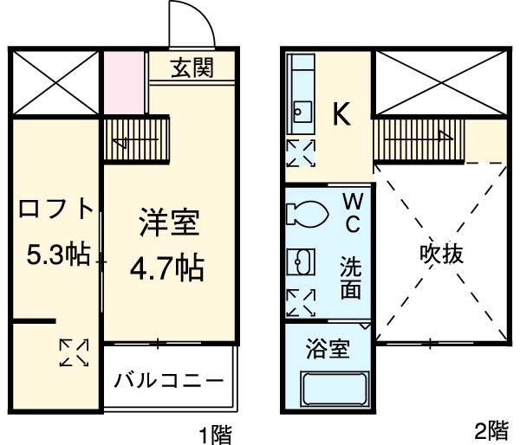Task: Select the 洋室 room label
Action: point(169,224)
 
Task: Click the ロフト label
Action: point(56,210)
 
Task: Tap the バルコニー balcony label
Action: point(169,380)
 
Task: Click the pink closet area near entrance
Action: point(124,82)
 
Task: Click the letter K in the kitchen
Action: point(342,115)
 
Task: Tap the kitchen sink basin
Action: point(302,110)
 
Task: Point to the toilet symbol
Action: point(306,211)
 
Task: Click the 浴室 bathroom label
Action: point(328,350)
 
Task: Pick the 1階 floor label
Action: point(214,432)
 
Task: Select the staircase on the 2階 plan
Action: point(420,139)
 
